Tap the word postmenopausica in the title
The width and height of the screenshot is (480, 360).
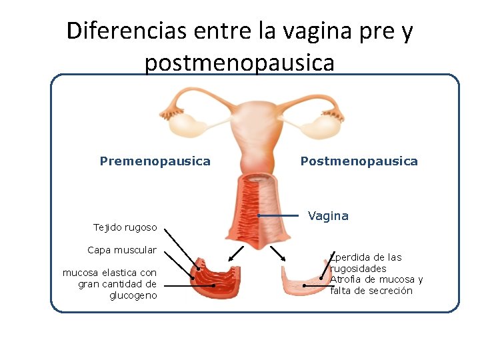pos(239,63)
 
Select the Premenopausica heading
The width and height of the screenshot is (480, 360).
pos(155,161)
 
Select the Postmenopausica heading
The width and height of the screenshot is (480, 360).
pos(359,161)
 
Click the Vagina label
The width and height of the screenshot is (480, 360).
pos(328,216)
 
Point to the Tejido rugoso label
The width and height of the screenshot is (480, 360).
pos(125,227)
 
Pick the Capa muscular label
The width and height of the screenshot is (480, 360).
pos(121,250)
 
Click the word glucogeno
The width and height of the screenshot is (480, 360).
pos(133,295)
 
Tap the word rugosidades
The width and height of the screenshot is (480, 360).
pos(358,269)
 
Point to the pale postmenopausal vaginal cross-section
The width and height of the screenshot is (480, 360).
pos(304,281)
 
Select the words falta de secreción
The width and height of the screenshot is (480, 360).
pos(371,291)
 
